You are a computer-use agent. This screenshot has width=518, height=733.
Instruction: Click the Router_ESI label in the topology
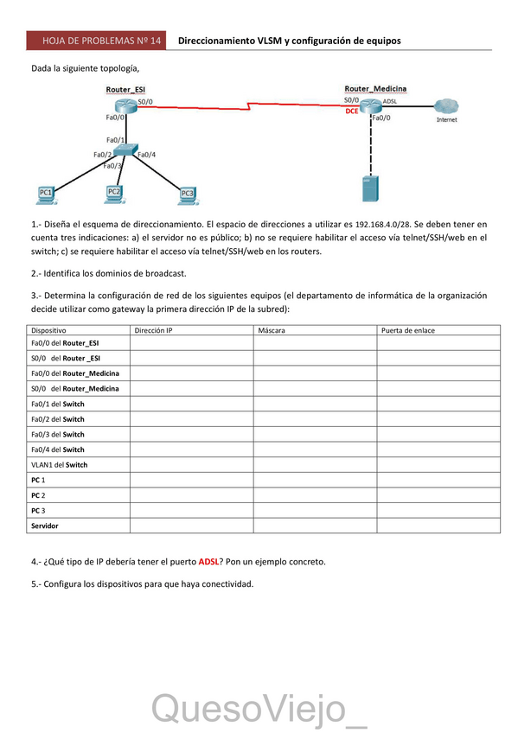point(125,89)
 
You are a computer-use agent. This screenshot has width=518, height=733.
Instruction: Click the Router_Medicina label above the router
point(375,88)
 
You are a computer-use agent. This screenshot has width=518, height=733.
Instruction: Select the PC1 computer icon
point(45,194)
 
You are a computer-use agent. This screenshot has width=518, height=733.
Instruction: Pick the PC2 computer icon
point(113,192)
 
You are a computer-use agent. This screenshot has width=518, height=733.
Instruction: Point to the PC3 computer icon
point(187,194)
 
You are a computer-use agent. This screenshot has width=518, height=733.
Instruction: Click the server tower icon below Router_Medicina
point(371,189)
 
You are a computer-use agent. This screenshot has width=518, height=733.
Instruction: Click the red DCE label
point(351,112)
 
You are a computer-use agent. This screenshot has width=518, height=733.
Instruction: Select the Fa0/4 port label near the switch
point(147,155)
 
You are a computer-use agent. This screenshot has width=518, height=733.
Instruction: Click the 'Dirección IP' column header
point(154,330)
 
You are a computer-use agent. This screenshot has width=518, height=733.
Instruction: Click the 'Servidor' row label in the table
point(47,526)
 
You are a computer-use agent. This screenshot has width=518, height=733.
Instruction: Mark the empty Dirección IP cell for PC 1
point(190,480)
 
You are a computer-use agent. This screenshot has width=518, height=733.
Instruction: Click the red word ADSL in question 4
point(211,562)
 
